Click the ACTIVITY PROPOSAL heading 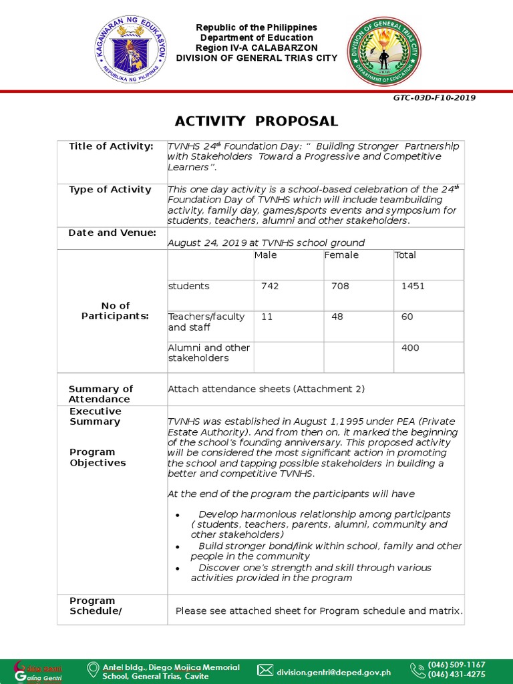point(256,121)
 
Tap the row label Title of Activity point(111,146)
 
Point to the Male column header point(265,255)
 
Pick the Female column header point(341,255)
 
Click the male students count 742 point(270,286)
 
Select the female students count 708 point(340,286)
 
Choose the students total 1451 point(413,286)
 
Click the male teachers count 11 point(267,317)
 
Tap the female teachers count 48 point(337,317)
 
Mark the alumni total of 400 point(410,347)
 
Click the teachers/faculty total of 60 point(407,317)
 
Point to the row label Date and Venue point(112,232)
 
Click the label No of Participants point(115,311)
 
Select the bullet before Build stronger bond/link point(177,547)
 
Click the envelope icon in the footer point(265,670)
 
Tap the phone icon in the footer point(417,670)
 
